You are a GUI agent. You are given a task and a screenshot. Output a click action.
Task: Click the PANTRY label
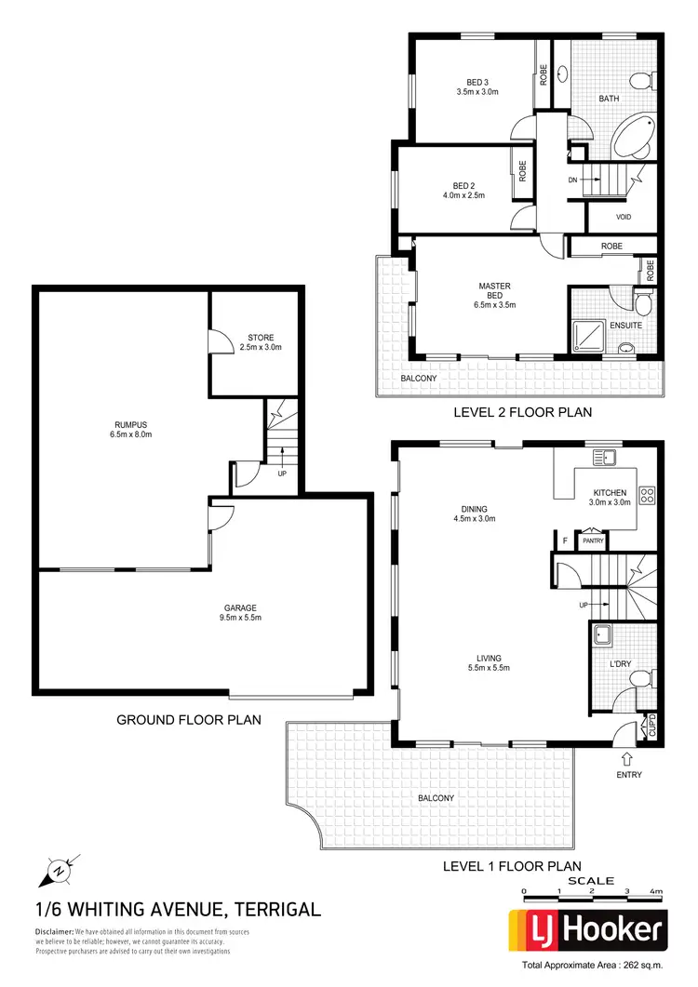[x=593, y=540]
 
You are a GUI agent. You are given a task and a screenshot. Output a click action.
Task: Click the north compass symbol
[x=56, y=872]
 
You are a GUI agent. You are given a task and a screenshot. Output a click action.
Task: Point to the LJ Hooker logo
[x=587, y=928]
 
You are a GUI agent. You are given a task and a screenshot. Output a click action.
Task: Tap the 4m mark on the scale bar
[x=657, y=892]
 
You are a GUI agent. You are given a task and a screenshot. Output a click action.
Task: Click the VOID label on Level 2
[x=624, y=217]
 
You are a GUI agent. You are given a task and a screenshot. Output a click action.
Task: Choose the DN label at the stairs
[x=573, y=180]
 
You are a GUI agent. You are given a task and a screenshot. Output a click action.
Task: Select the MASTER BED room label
[x=494, y=295]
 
